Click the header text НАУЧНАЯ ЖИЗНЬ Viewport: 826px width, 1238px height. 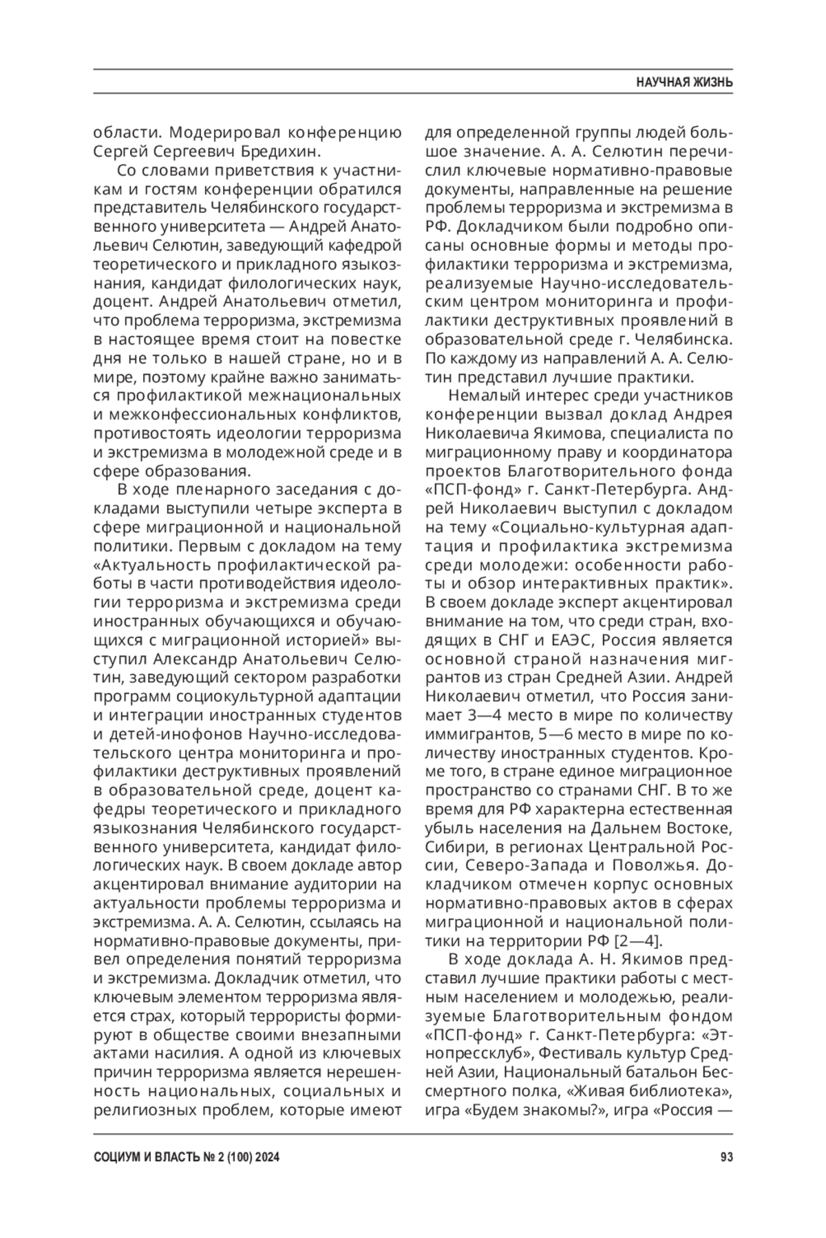[684, 83]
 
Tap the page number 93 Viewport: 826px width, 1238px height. [726, 1157]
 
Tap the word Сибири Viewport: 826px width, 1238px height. [449, 846]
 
